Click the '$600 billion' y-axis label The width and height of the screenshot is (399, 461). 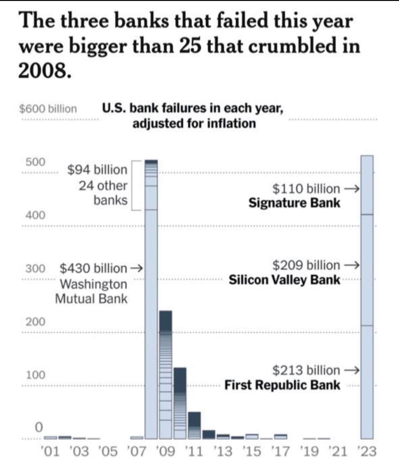[48, 109]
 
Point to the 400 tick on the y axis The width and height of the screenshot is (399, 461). [35, 215]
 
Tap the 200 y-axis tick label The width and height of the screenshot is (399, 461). [35, 322]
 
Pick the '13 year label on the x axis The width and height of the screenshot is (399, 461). [223, 451]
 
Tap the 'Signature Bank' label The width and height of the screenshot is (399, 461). [294, 203]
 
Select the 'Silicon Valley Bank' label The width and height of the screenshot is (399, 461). [284, 280]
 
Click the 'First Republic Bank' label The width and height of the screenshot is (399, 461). [282, 385]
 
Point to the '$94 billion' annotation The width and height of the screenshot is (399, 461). [97, 170]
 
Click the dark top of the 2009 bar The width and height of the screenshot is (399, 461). [166, 321]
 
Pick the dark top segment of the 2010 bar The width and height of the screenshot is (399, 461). [180, 380]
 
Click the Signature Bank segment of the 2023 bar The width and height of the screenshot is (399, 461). [367, 185]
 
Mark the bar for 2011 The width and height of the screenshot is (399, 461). [194, 425]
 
